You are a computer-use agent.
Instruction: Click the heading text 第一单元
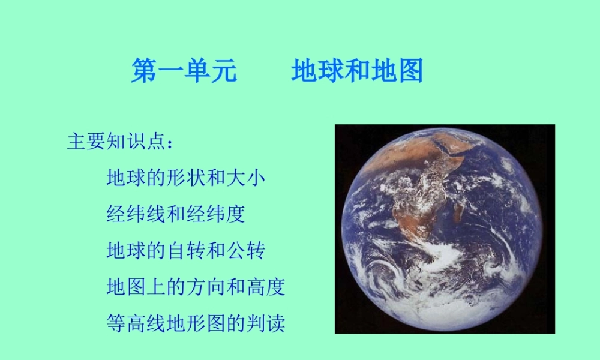184,71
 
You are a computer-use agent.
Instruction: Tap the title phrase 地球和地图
358,71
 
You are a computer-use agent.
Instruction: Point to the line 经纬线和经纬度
176,214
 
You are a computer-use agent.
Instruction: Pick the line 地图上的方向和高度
196,287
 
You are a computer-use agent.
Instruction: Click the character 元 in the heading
224,71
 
